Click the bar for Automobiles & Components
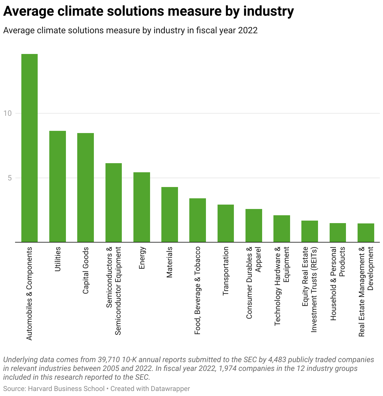coord(30,148)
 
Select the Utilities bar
coord(57,186)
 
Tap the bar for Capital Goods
coord(85,188)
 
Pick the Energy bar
coord(142,207)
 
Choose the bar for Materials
coord(170,215)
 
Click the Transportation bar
coord(225,223)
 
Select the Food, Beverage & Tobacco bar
coord(197,220)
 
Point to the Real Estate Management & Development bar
coord(366,233)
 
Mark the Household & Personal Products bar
coord(337,233)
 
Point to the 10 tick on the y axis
coord(8,113)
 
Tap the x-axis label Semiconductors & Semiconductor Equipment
coord(113,291)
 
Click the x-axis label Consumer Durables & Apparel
coord(253,283)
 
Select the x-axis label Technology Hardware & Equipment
coord(282,286)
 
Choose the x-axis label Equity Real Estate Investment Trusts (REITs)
coord(310,289)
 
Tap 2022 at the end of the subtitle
coord(248,30)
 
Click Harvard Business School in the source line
coord(66,389)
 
